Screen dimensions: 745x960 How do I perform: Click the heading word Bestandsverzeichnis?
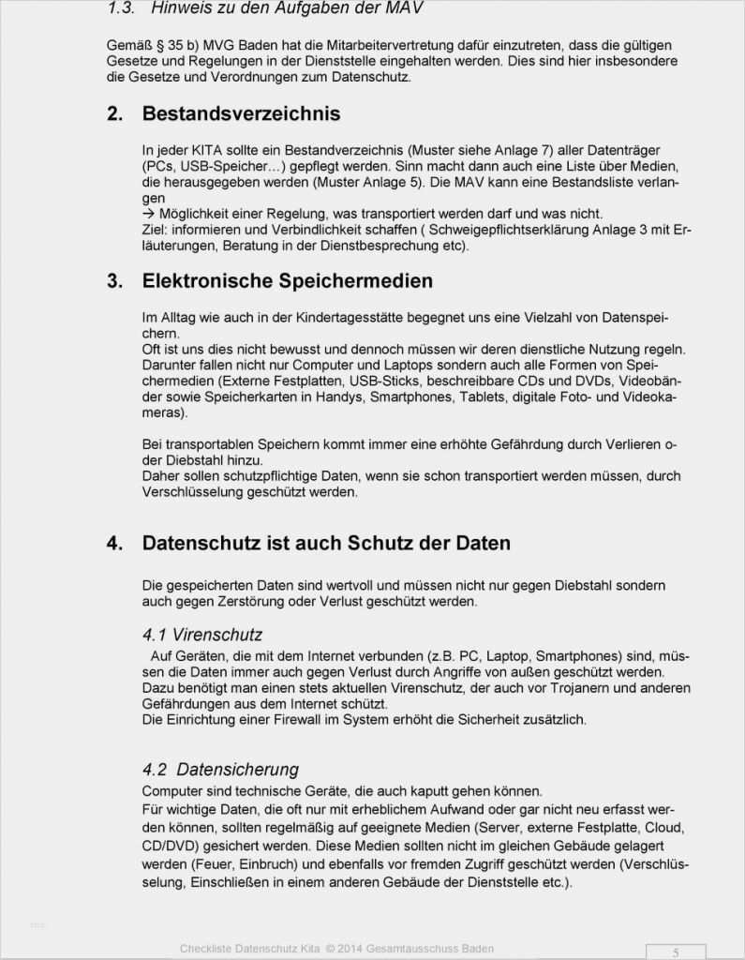[x=241, y=114]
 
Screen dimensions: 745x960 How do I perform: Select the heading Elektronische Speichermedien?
[x=287, y=281]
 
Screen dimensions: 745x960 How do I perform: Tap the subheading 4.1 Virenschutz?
[x=202, y=635]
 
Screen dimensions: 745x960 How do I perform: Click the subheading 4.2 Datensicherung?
[x=220, y=770]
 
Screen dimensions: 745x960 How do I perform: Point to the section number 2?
[x=114, y=114]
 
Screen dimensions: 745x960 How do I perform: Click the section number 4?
[x=114, y=544]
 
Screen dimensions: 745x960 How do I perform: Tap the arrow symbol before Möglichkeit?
[x=149, y=214]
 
